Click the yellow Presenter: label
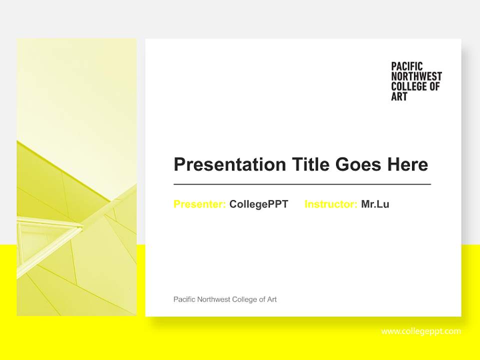199,204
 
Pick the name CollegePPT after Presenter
258,204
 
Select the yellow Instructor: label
330,204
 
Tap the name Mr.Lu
375,204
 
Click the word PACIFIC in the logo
406,66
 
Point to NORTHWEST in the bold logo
416,76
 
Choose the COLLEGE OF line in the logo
415,86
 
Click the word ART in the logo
399,96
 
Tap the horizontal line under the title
302,184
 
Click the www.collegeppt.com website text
421,331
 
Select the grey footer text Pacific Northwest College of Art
225,299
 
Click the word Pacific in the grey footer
184,299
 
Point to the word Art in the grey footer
271,299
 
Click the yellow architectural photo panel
76,177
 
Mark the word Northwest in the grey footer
213,299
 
